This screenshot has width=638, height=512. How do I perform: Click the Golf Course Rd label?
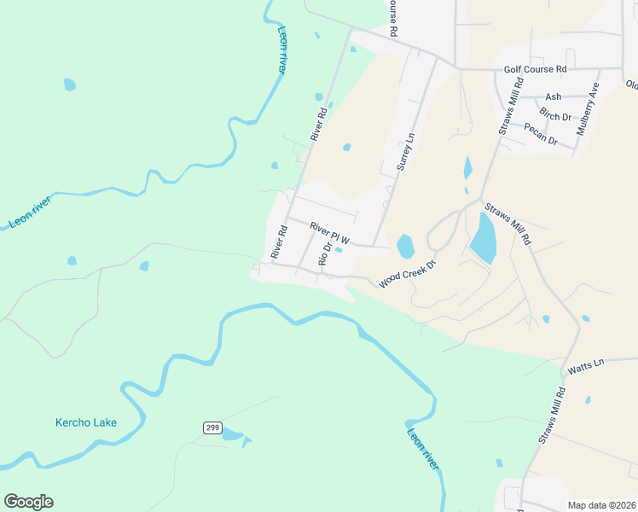click(x=535, y=68)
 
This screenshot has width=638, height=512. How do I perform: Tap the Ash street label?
click(x=554, y=97)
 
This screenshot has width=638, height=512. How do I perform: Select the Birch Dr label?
click(x=555, y=115)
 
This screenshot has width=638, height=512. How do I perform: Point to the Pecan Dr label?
click(x=540, y=134)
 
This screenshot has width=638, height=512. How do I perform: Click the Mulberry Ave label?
click(x=589, y=109)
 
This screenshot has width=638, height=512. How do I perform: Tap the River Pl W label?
click(x=330, y=231)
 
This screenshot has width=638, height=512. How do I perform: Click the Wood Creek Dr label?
click(x=407, y=274)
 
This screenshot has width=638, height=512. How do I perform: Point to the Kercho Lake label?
click(x=85, y=422)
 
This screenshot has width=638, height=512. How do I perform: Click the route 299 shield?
click(x=212, y=427)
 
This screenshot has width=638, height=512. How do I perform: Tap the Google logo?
click(x=28, y=502)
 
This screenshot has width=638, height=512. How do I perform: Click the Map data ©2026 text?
click(x=600, y=505)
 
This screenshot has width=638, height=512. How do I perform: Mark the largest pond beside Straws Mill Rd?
click(x=483, y=238)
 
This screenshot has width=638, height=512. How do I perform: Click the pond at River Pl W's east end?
click(x=405, y=247)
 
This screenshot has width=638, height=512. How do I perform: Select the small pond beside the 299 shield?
click(x=232, y=435)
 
